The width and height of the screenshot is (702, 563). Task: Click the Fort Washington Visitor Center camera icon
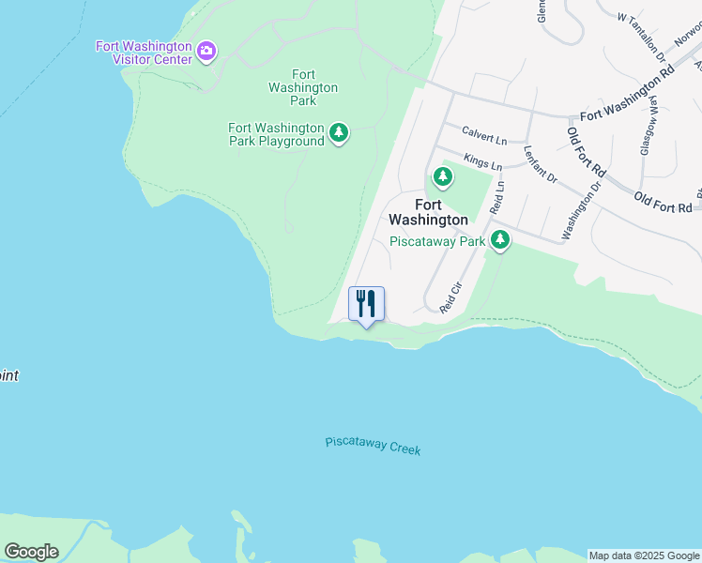pos(206,49)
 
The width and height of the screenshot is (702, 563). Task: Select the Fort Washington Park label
pos(303,87)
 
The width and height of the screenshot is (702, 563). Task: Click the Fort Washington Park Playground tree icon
pos(340,134)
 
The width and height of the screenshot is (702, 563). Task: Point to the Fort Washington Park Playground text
pos(276,134)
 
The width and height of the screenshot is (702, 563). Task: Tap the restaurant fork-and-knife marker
pos(366,304)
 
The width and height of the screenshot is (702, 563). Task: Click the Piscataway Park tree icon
pos(500,240)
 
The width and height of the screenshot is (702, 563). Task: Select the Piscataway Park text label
pos(437,241)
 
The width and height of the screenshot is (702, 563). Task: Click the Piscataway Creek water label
pos(373,446)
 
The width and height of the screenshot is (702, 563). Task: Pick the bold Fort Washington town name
pos(428,212)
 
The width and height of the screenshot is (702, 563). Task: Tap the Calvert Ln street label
pos(482,135)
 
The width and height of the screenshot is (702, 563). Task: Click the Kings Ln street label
pos(483,163)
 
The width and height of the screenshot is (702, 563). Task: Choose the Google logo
pos(31,552)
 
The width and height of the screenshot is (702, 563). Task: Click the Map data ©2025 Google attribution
pos(644,555)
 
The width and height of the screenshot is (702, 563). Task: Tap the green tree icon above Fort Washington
pos(442,176)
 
